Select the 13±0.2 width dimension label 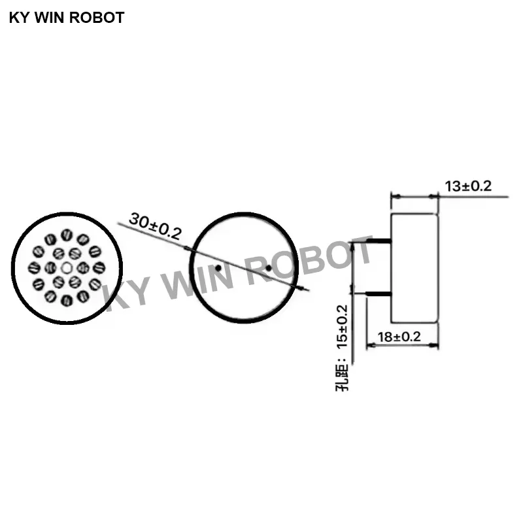click(x=467, y=186)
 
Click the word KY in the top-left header click(x=18, y=18)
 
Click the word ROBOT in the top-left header click(x=98, y=18)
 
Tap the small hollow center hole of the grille click(x=66, y=267)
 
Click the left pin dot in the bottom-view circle click(x=218, y=267)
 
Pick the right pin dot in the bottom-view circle click(x=269, y=267)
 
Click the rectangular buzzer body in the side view click(x=414, y=267)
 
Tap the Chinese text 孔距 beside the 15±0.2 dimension click(x=343, y=378)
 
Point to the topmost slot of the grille click(x=66, y=235)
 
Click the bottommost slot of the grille click(x=66, y=300)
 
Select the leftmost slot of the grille click(x=34, y=267)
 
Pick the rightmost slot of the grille click(x=99, y=267)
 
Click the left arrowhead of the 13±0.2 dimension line click(x=394, y=195)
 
